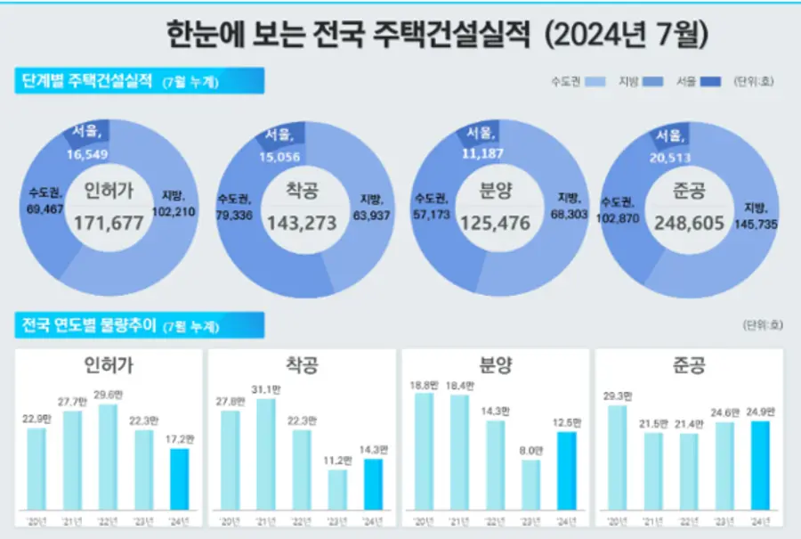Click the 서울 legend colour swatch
(x=712, y=82)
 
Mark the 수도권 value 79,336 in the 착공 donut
(x=235, y=215)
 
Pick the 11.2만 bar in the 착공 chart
(x=337, y=492)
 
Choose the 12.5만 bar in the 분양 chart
(x=566, y=473)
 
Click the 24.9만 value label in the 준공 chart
(x=760, y=412)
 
